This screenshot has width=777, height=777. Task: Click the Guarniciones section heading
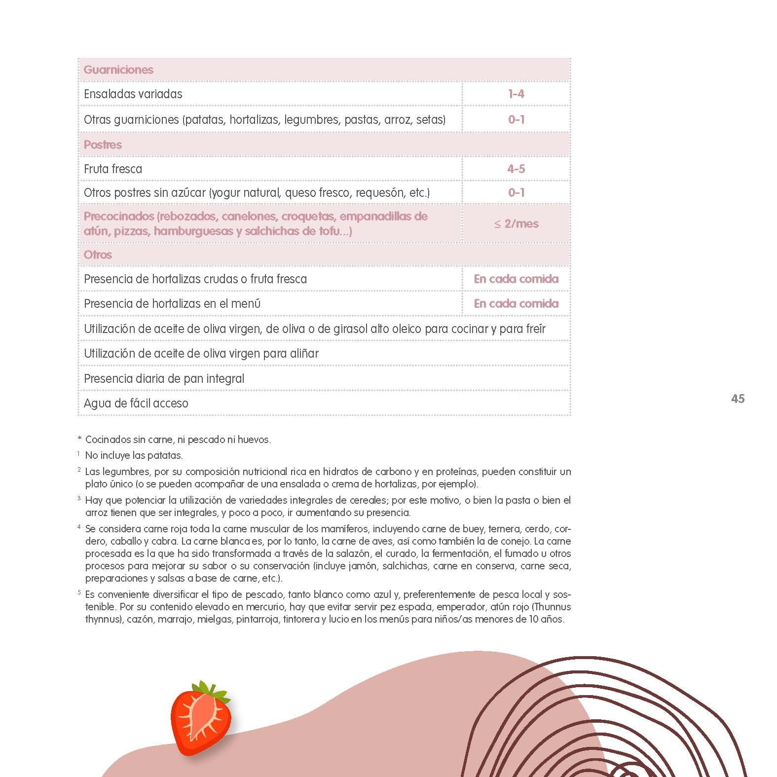[x=118, y=70]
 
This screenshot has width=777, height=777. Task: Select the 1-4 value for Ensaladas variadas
[x=516, y=94]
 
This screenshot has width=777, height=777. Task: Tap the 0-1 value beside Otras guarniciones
[x=516, y=119]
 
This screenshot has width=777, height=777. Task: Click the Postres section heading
[x=103, y=145]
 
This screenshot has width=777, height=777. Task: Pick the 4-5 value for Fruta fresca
[x=516, y=169]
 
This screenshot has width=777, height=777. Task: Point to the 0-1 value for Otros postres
[x=516, y=192]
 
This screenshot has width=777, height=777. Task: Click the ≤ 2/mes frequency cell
[x=516, y=223]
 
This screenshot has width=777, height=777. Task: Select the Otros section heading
[x=98, y=255]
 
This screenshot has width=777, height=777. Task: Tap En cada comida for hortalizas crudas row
[x=516, y=279]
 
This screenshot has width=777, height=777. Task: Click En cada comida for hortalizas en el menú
[x=516, y=303]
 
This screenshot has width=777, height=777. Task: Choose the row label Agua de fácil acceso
[x=136, y=403]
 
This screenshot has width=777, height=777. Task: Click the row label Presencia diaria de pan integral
[x=164, y=378]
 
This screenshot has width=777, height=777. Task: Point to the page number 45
[x=738, y=399]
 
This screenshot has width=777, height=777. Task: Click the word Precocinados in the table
[x=119, y=216]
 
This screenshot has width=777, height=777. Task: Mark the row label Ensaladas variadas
[x=133, y=94]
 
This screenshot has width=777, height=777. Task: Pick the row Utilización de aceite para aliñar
[x=201, y=353]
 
